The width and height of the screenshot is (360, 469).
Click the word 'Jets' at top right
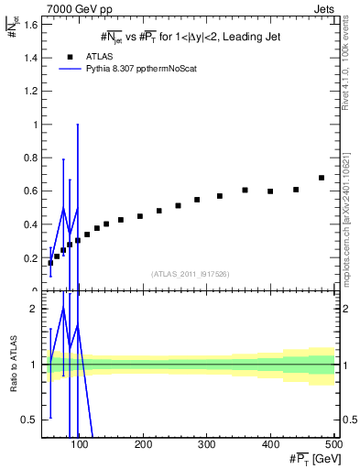click(x=323, y=8)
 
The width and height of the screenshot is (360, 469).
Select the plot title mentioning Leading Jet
click(x=190, y=37)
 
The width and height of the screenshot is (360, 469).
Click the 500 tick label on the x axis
click(x=333, y=444)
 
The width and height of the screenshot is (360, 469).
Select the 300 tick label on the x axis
click(x=206, y=444)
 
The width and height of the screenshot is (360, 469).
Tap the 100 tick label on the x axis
click(x=80, y=444)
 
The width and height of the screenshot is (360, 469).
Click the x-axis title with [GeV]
click(x=311, y=458)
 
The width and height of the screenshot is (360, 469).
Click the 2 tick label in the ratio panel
click(x=33, y=309)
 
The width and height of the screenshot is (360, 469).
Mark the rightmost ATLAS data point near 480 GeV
click(x=322, y=178)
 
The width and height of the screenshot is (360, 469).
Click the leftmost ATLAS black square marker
click(x=50, y=263)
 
